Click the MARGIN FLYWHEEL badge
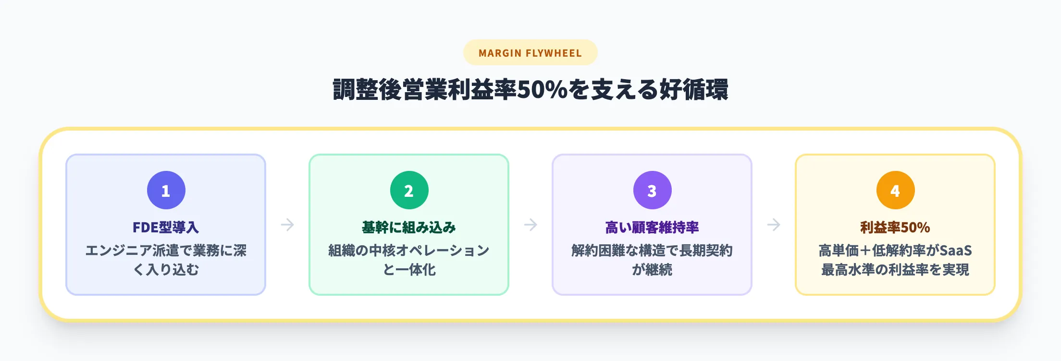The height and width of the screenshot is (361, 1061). pos(530,53)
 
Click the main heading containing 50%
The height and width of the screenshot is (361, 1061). pos(530,90)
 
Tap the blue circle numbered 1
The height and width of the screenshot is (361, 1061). pos(166,190)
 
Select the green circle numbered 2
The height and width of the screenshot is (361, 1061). pos(409,190)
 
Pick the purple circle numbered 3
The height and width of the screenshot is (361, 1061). pos(652,190)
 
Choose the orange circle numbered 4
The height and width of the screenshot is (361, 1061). pos(895,190)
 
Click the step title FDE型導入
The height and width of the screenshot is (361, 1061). pos(166,227)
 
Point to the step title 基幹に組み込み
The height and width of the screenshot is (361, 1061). pos(409,227)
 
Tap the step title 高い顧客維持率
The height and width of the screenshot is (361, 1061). pos(652,227)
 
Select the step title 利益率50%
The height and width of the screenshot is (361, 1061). pos(895,227)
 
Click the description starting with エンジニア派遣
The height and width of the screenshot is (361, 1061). pos(166,260)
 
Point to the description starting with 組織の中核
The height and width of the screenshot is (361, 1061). pos(409,260)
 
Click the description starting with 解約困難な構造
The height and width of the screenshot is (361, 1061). pos(652,260)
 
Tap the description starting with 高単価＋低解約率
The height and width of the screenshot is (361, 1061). pos(895,260)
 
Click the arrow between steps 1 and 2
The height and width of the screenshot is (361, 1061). pos(287,225)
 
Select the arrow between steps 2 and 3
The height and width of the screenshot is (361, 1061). pos(530,225)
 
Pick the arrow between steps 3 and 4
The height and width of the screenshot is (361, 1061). pos(774,225)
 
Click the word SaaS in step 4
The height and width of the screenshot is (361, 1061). pos(955,251)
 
